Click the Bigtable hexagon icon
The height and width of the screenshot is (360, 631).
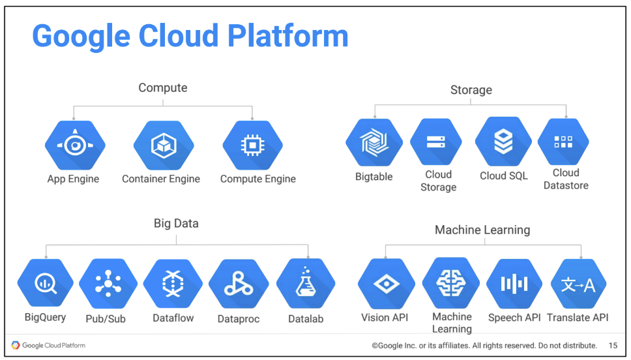pos(374,142)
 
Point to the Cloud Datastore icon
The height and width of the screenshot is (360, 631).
pos(563,142)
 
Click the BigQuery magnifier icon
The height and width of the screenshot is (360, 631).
pos(45,284)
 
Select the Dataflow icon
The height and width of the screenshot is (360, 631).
pos(172,284)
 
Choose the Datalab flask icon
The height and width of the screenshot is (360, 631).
pos(305,284)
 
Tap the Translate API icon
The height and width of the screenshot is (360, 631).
pos(578,284)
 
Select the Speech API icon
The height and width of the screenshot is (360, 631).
pos(514,284)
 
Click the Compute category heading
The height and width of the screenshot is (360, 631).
pos(163,87)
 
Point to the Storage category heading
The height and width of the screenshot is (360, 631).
pos(471,90)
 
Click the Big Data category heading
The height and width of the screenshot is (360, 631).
pos(176,224)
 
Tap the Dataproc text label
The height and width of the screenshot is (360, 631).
pos(239,319)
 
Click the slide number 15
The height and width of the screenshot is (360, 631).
pos(613,346)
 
